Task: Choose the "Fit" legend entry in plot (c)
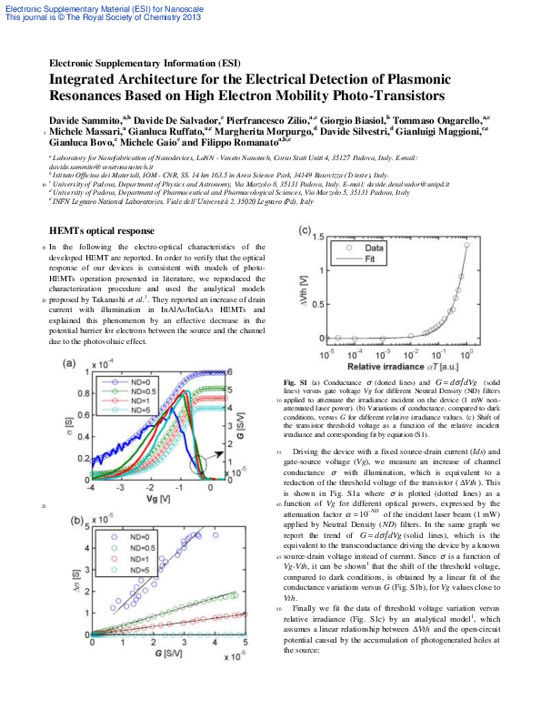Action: pyautogui.click(x=369, y=259)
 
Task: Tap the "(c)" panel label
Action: pyautogui.click(x=306, y=230)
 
